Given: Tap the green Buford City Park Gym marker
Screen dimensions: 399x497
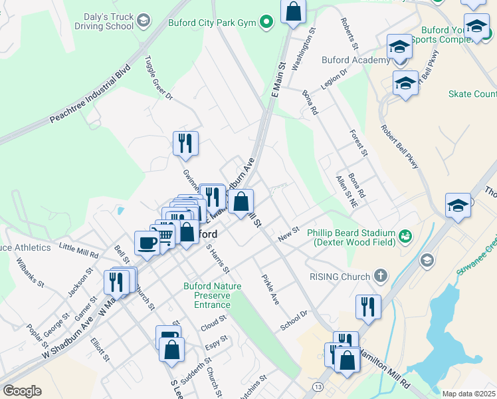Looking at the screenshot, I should coord(266,22).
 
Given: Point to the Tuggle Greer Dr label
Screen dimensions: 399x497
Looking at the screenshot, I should coord(159,78).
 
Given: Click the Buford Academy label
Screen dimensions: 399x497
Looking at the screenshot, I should coord(355,61).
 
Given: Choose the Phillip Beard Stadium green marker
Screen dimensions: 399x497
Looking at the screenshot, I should coord(404,235).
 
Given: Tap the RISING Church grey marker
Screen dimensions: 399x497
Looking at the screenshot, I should coord(380,275).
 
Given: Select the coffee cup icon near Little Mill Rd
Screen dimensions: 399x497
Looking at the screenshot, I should coord(147,242).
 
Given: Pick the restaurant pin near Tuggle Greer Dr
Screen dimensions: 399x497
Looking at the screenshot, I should coord(185,142).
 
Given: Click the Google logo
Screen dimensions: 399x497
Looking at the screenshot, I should coord(22,391).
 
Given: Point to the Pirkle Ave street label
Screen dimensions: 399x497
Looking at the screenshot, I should coord(270,289).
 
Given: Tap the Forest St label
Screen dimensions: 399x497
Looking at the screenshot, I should coord(359,142).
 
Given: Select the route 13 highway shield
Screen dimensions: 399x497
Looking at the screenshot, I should coord(320,386).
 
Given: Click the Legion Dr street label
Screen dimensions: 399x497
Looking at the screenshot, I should coord(334,80).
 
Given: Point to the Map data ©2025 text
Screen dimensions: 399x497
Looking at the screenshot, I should coord(468,394).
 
